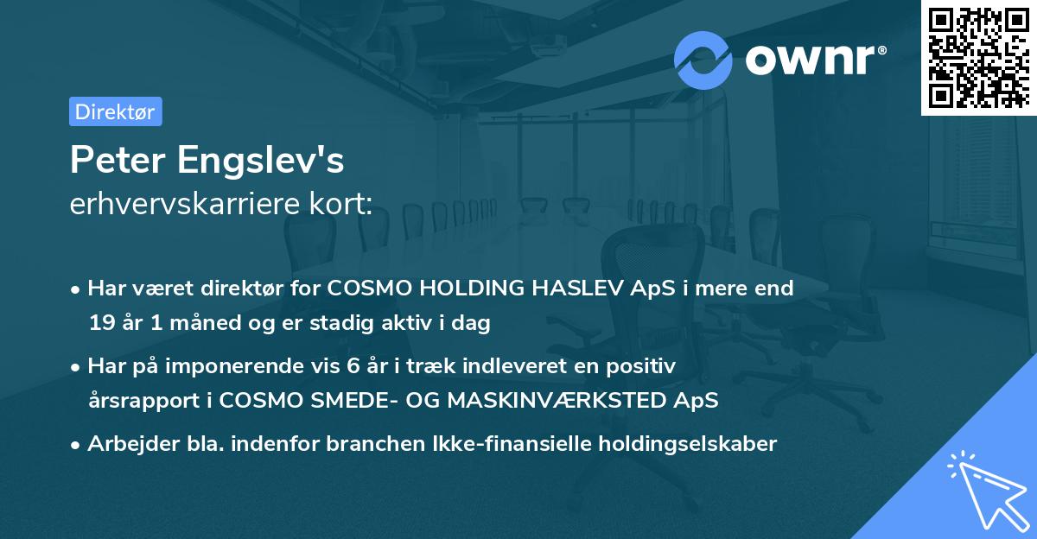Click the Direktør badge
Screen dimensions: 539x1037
click(x=115, y=111)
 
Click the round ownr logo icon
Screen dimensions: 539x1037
click(x=703, y=60)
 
